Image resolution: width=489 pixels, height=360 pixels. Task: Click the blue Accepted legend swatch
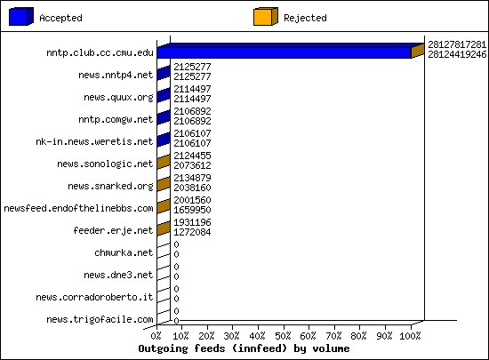[21, 17]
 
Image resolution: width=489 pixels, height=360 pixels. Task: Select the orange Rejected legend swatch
[266, 17]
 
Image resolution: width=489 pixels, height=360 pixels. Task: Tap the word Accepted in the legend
[60, 18]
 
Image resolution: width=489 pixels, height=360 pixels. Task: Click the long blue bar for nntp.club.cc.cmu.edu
[285, 52]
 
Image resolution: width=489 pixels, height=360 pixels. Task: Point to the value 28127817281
[457, 44]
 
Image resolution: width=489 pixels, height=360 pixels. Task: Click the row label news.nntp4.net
[116, 76]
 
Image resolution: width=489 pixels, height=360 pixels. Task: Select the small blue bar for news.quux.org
[164, 95]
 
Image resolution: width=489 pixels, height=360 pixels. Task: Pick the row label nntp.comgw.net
[116, 119]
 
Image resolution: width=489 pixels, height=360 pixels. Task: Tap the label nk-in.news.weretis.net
[94, 141]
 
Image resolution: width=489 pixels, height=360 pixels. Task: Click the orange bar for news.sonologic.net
[164, 162]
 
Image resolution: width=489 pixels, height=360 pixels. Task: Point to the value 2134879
[192, 178]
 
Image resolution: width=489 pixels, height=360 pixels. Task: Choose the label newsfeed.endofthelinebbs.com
[78, 208]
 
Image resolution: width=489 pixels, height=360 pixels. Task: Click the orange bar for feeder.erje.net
[164, 228]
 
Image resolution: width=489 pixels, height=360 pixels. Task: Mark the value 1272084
[192, 232]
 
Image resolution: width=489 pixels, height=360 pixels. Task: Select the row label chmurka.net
[124, 252]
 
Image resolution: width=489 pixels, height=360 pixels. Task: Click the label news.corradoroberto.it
[94, 297]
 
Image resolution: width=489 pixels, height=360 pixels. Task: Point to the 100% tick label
[410, 336]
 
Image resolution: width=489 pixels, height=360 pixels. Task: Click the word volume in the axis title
[332, 348]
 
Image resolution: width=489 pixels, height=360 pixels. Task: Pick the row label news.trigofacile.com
[100, 319]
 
